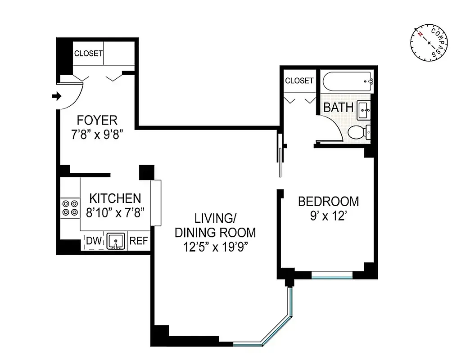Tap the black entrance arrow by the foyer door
click(x=56, y=96)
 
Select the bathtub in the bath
click(x=347, y=82)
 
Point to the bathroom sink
click(x=364, y=110)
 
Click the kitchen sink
click(x=116, y=241)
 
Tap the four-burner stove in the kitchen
click(x=70, y=207)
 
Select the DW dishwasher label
click(x=94, y=241)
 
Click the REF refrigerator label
click(x=139, y=241)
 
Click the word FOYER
click(x=97, y=120)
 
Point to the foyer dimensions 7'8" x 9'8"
click(x=97, y=135)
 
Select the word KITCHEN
click(x=115, y=198)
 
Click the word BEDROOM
click(x=328, y=201)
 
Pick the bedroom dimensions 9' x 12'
click(x=328, y=216)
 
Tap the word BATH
click(x=339, y=108)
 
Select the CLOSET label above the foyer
click(x=88, y=53)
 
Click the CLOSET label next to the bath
click(x=299, y=81)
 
